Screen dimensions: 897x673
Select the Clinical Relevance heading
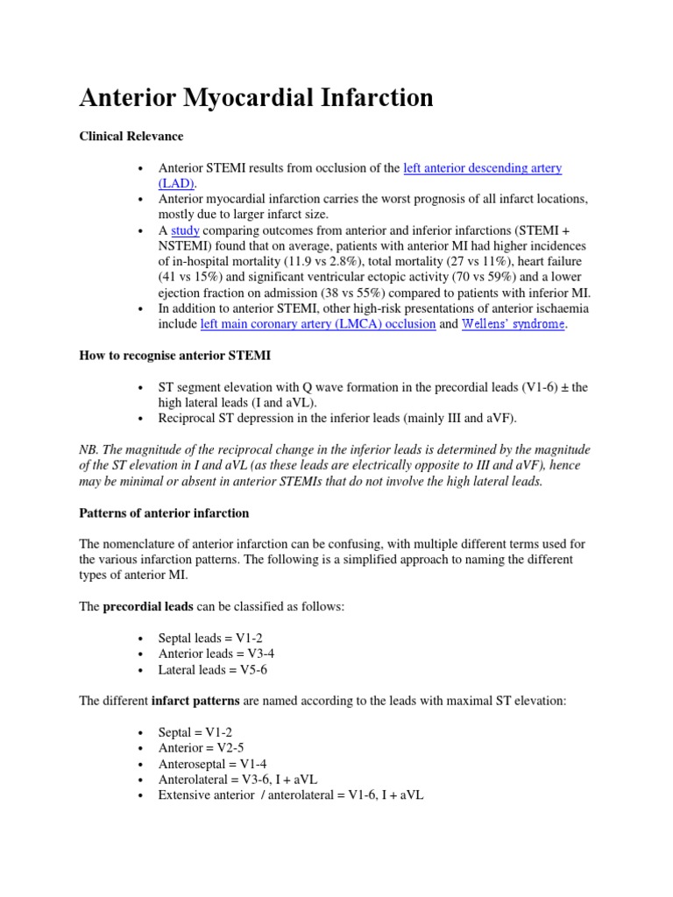[131, 137]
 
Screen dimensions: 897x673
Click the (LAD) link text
[177, 183]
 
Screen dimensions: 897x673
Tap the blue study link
[185, 230]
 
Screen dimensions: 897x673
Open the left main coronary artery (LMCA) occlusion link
[318, 323]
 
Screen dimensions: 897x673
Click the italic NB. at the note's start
[90, 449]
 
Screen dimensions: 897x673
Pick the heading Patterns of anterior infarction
[164, 512]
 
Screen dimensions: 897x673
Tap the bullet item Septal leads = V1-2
[209, 639]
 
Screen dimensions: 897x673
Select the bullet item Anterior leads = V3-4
[216, 653]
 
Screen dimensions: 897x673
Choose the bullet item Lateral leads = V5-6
[214, 669]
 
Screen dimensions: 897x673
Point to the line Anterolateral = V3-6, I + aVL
[241, 780]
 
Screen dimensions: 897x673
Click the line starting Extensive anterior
[290, 795]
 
